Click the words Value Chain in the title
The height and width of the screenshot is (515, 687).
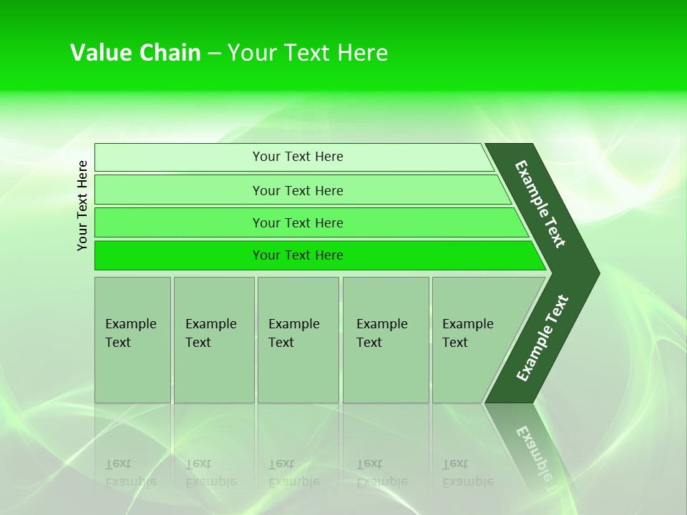(135, 53)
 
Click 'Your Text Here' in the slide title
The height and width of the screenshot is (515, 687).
(308, 53)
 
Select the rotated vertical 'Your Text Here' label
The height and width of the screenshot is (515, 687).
(82, 205)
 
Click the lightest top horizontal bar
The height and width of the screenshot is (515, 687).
(297, 157)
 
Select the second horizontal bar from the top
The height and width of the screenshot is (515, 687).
(297, 190)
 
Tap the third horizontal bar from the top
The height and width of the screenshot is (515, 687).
(297, 222)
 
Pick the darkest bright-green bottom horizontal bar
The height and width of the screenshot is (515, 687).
(297, 255)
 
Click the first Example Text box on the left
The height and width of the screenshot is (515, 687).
(132, 340)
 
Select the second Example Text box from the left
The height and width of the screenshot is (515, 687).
(213, 340)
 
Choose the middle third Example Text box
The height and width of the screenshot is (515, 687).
(298, 340)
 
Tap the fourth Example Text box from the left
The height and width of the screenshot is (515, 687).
(386, 340)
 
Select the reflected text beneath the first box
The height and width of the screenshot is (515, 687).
(130, 473)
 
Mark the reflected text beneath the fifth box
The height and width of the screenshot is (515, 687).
(467, 473)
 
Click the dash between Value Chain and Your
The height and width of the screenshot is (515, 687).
(214, 53)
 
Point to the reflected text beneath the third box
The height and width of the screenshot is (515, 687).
(293, 473)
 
